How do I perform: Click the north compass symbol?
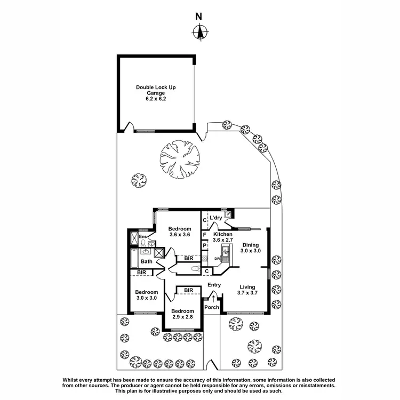coord(199,32)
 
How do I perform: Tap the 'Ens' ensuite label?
coord(142,237)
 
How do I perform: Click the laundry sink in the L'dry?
coord(228,214)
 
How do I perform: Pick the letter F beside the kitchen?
coord(205,234)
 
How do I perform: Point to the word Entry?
coord(214,285)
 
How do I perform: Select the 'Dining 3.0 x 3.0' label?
coord(250,247)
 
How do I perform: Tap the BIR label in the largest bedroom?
coord(189,258)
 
